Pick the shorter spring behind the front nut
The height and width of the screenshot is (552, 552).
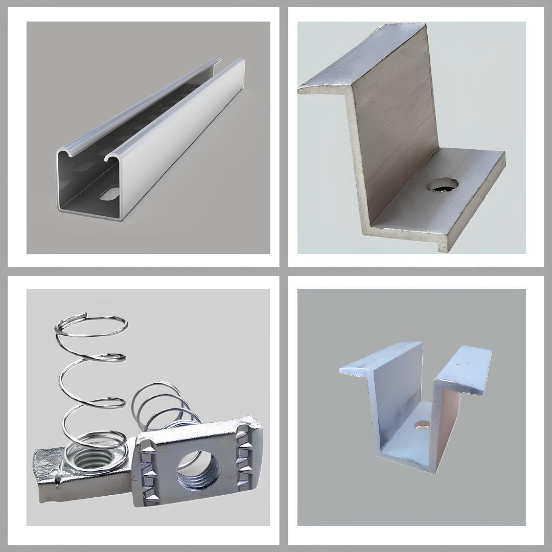tap(158, 404)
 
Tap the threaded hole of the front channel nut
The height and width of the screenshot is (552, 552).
tap(197, 470)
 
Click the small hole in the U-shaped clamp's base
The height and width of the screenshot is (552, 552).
tap(422, 424)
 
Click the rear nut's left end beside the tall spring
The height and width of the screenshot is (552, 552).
tap(49, 473)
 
